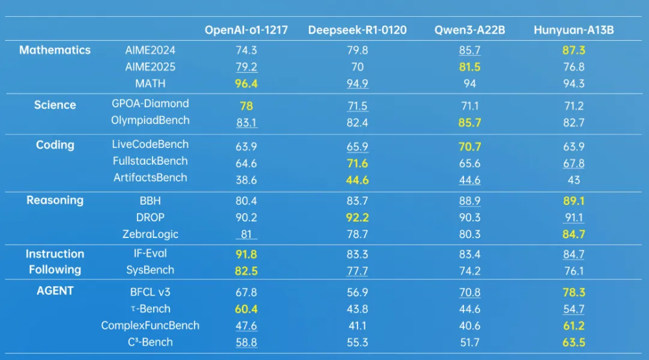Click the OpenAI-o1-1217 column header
point(246,30)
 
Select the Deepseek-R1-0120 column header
point(358,30)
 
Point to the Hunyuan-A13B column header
point(574,30)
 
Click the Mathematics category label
point(55,50)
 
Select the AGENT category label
point(55,291)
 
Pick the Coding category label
point(55,145)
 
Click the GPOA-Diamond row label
point(151,104)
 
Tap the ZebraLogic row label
point(151,234)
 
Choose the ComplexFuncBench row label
point(151,326)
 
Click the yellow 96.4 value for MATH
point(246,84)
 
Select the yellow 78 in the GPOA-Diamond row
point(246,106)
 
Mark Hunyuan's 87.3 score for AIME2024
point(574,50)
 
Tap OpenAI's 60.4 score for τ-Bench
point(246,309)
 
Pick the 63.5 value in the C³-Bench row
point(574,342)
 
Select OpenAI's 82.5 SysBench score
point(246,271)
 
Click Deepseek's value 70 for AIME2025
point(358,67)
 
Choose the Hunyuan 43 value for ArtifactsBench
point(574,180)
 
